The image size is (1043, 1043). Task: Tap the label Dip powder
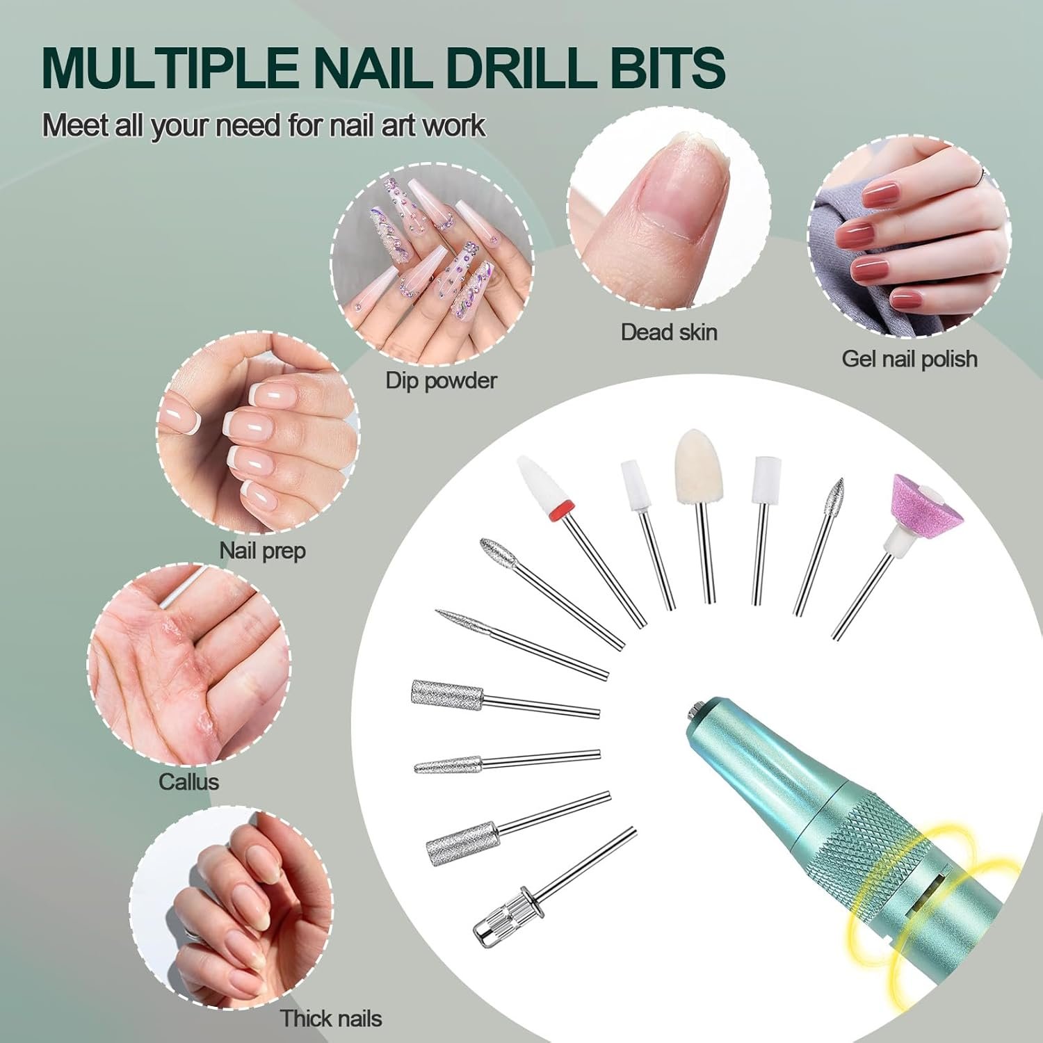tap(442, 380)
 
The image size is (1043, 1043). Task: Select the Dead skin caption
tap(669, 332)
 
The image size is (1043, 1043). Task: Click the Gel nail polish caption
tap(909, 359)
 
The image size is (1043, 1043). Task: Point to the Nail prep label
tap(263, 551)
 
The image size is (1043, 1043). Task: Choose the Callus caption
tap(188, 782)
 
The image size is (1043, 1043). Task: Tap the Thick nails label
tap(331, 1019)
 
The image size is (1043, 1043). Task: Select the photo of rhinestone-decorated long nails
tap(432, 264)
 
